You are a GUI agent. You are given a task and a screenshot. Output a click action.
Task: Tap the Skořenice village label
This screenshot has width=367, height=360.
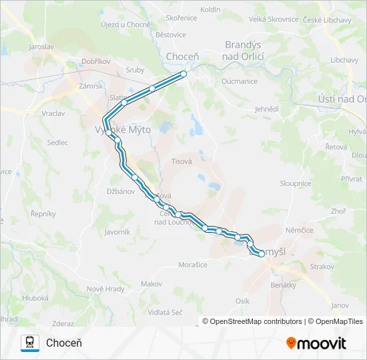point(181,18)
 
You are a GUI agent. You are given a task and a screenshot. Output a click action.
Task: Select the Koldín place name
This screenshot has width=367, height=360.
point(229,9)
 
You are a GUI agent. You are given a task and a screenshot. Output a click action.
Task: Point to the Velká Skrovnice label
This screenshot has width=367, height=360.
point(274,19)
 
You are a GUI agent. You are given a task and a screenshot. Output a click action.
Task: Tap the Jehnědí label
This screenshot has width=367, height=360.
point(267,109)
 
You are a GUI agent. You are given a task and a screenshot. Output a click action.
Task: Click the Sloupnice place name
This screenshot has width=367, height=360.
point(296,183)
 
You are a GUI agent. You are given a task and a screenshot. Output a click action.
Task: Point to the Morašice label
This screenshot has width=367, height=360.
point(192,265)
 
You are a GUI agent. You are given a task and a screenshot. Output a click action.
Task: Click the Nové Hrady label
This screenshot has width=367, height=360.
point(105,289)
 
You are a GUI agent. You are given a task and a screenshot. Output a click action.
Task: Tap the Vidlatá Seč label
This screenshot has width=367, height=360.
point(165,312)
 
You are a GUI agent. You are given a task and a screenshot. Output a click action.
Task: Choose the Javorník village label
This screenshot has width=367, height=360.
point(117,232)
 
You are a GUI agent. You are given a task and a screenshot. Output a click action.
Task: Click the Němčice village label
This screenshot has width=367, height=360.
point(299,230)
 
